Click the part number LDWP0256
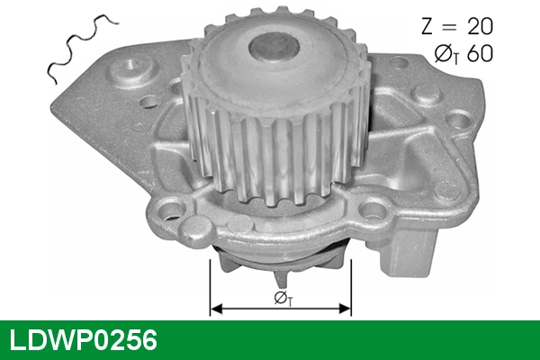click(83, 341)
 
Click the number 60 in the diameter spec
click(480, 53)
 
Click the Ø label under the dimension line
click(280, 298)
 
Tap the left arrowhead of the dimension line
click(215, 308)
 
